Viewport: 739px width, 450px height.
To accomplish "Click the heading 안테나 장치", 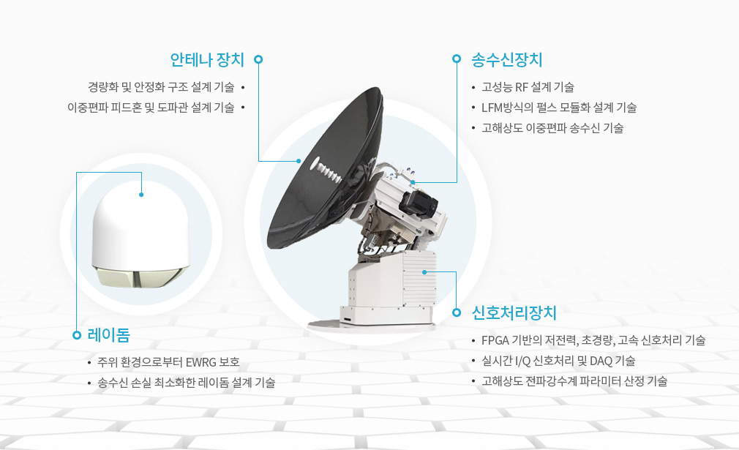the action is point(207,60).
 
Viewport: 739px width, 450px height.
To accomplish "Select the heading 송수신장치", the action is point(507,60).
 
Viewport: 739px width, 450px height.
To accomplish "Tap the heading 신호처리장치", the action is point(514,313).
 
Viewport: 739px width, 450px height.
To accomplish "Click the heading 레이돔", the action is point(109,335).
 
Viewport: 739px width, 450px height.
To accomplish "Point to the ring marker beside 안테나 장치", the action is point(258,59).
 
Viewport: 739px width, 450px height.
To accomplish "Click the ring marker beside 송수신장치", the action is point(457,59).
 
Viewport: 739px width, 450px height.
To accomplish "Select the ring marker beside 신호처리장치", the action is point(457,312).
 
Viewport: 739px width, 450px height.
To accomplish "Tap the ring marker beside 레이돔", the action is point(77,335).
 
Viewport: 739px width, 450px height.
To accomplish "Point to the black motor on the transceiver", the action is point(417,202).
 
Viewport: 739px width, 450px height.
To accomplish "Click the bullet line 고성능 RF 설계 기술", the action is point(528,87).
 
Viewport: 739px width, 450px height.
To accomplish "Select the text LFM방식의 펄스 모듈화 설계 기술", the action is point(559,108).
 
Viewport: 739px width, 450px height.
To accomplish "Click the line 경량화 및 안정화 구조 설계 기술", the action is point(161,87).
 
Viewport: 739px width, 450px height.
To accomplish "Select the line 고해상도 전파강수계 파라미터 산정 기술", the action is point(574,381).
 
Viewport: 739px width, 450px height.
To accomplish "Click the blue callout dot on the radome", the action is point(141,195).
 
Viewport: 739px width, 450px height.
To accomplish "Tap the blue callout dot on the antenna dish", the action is point(299,161).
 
